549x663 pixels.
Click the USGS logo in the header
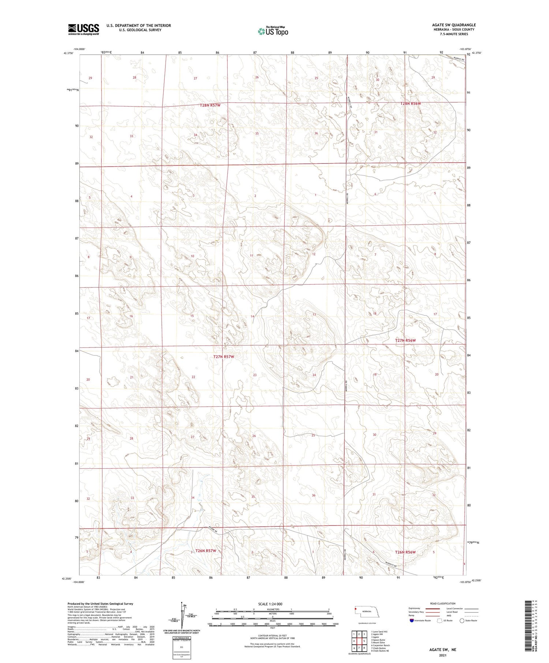83,29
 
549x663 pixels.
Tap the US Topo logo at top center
273,31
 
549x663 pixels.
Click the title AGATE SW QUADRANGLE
453,25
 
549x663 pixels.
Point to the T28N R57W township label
210,105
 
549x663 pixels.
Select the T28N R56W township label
410,103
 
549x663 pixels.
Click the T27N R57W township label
223,357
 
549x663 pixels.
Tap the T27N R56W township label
405,340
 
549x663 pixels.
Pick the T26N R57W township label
206,551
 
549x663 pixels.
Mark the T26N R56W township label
405,552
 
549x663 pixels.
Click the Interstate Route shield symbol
412,621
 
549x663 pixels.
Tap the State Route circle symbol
462,621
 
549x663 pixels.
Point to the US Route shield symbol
440,621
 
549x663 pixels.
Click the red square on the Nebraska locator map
355,609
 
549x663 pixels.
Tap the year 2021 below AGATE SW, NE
443,655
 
